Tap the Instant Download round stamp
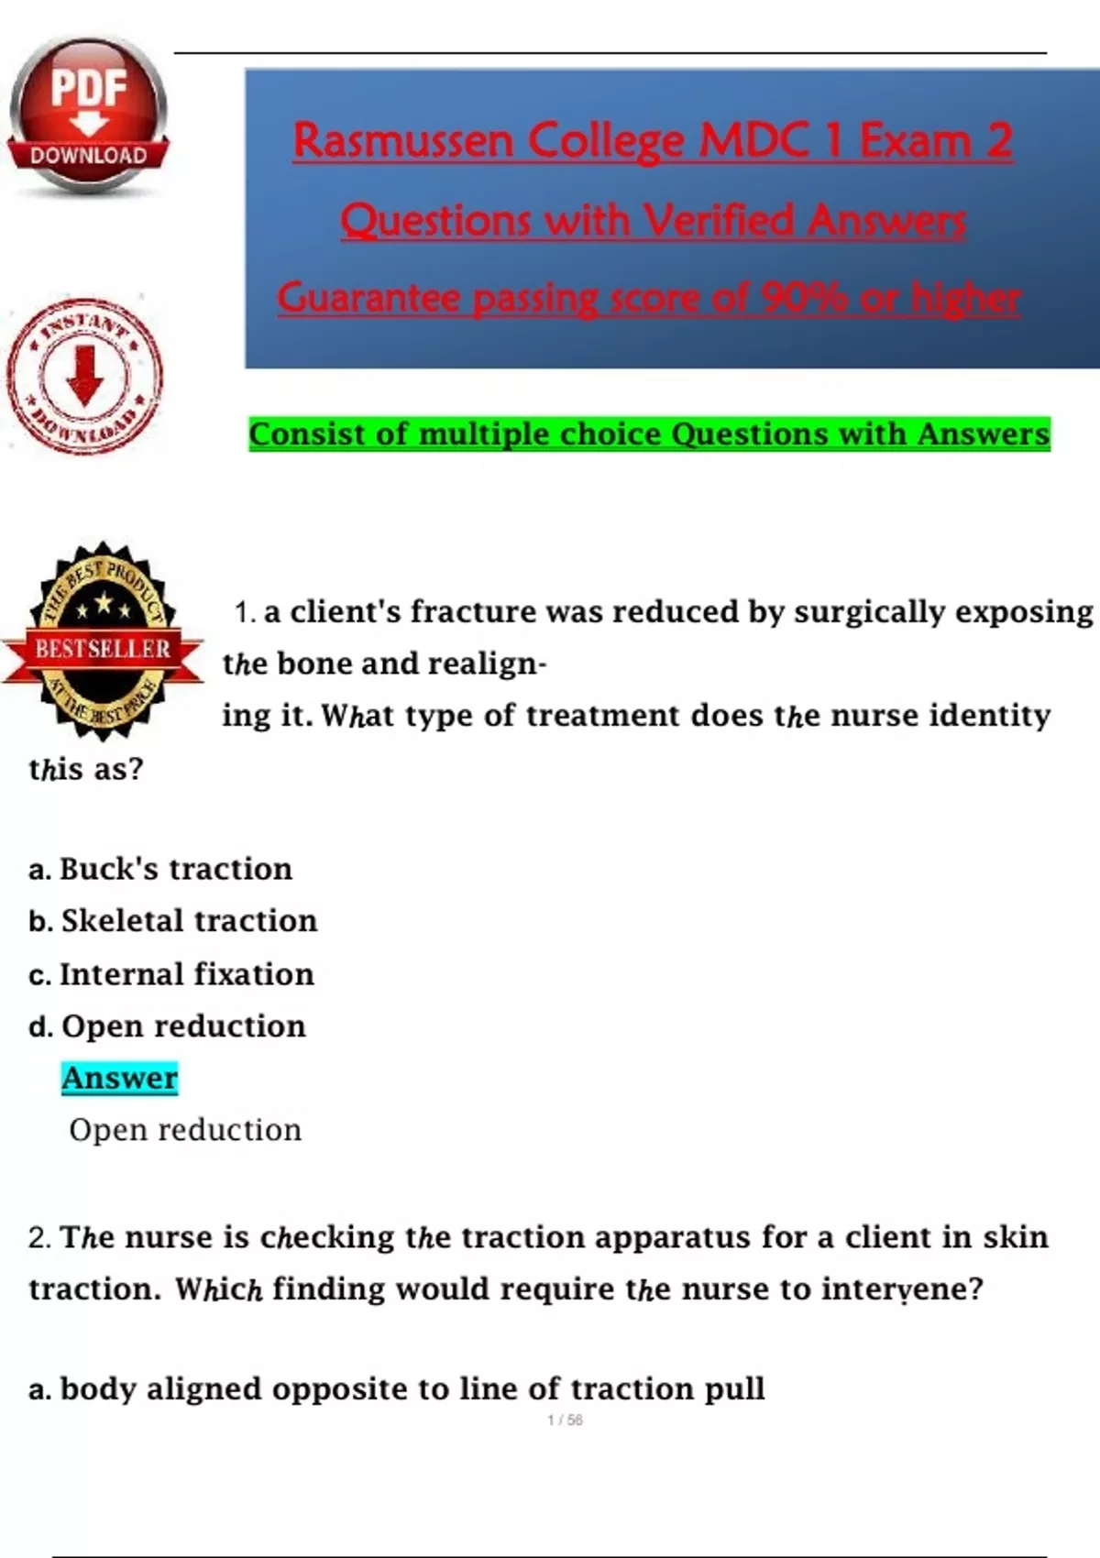(x=85, y=377)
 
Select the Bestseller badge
(x=103, y=642)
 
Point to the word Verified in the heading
(x=719, y=221)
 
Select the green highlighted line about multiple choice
(x=650, y=434)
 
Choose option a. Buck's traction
(x=160, y=870)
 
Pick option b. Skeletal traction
(x=172, y=921)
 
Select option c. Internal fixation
(x=171, y=973)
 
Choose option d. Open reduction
(x=167, y=1026)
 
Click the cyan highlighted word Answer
(x=120, y=1078)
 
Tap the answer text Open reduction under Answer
(x=185, y=1129)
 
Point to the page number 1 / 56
(x=565, y=1420)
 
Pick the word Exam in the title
(x=916, y=140)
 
